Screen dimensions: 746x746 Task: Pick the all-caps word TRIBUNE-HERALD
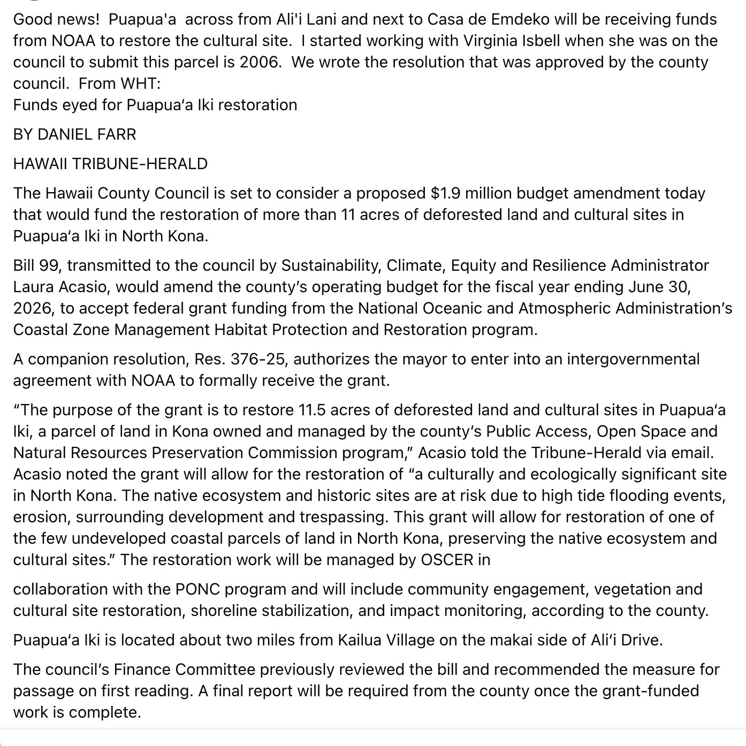point(140,163)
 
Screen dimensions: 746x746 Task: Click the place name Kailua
point(361,640)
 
